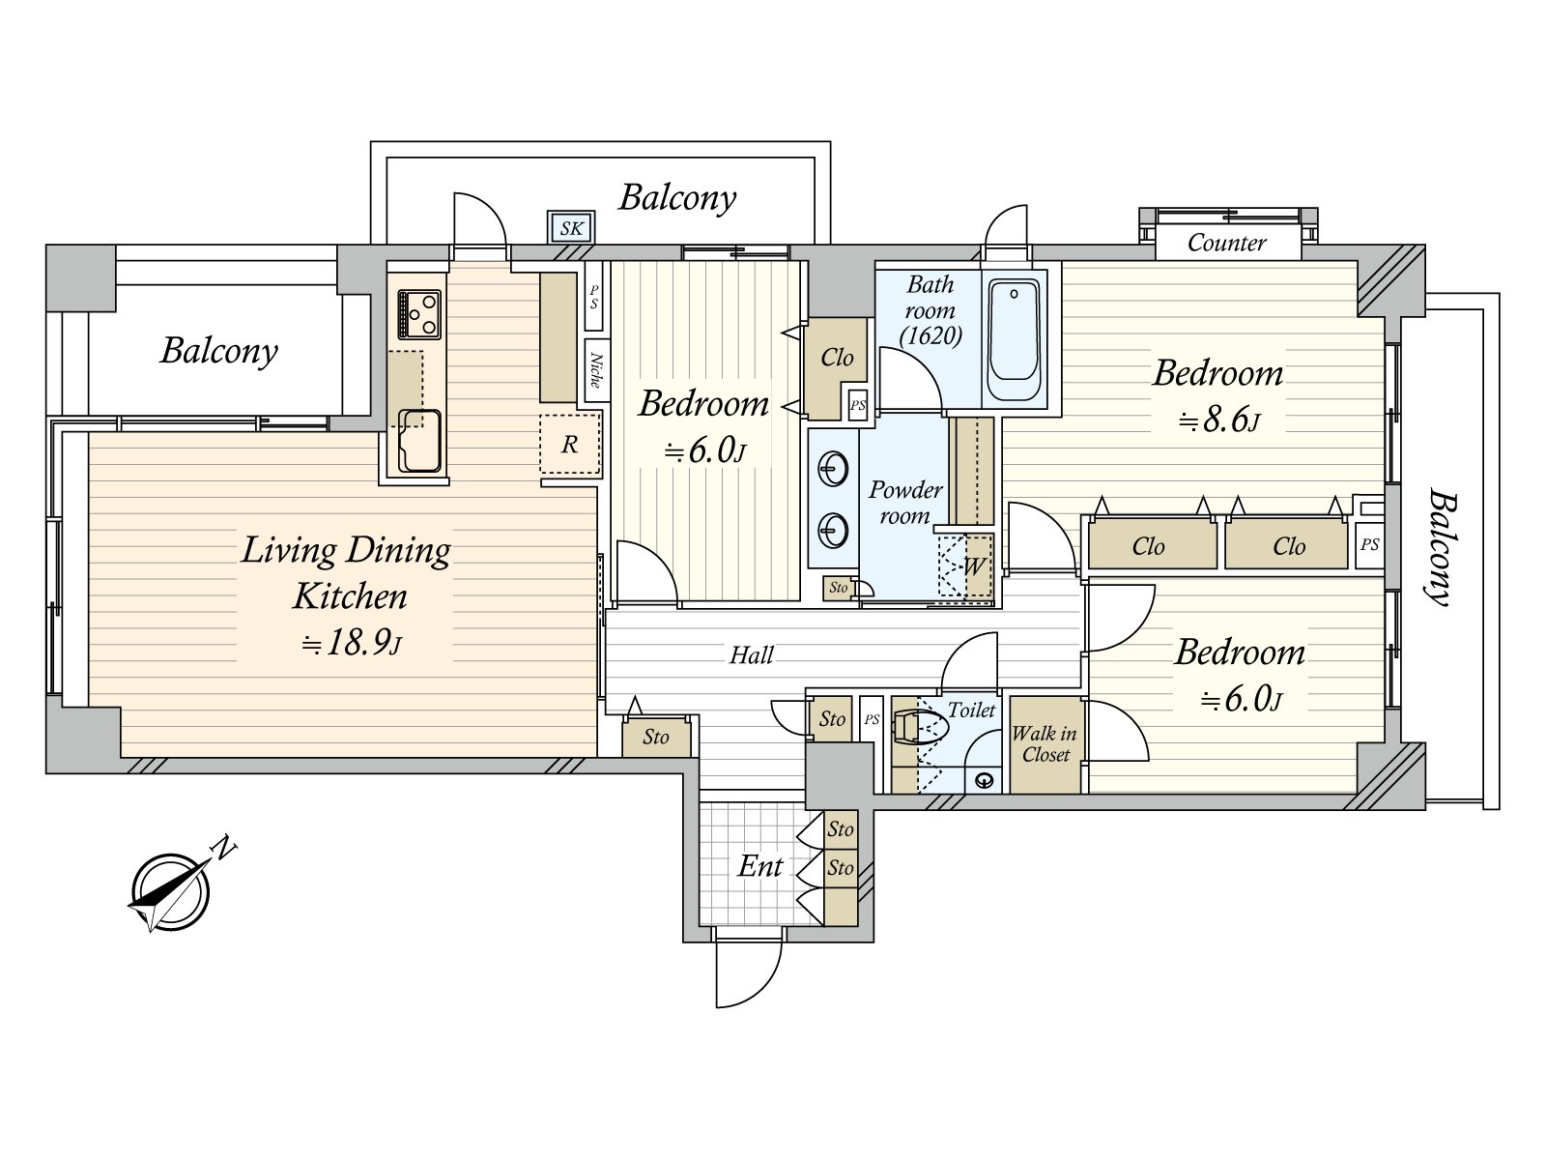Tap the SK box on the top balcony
[571, 228]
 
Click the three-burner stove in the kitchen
[419, 314]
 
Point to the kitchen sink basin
[420, 441]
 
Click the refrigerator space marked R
[570, 444]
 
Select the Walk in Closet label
[1045, 743]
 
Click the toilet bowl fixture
[918, 725]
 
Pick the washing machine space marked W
[974, 565]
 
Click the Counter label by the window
[1226, 243]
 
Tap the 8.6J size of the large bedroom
[1219, 420]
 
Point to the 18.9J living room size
[350, 643]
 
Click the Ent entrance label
[759, 866]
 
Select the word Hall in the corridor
[751, 655]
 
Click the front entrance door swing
[748, 971]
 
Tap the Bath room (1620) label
[930, 310]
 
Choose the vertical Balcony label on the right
[1441, 547]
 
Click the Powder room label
[904, 503]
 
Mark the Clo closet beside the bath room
[837, 358]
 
